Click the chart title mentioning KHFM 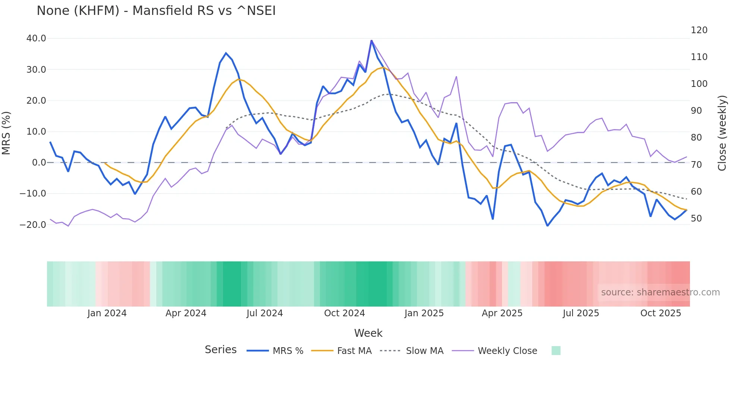tap(156, 11)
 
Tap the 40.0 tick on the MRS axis tap(36, 38)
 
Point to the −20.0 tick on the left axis tap(33, 225)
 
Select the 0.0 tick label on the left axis tap(39, 163)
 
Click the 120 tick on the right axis tap(699, 30)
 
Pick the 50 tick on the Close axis tap(696, 219)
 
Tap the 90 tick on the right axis tap(696, 111)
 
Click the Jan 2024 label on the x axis tap(107, 313)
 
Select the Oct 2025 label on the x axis tap(661, 313)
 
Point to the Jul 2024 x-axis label tap(264, 313)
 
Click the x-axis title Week tap(368, 333)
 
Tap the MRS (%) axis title tap(6, 133)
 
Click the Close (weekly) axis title tap(722, 133)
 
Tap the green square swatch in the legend tap(556, 351)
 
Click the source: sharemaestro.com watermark tap(660, 292)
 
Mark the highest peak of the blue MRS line tap(371, 40)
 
